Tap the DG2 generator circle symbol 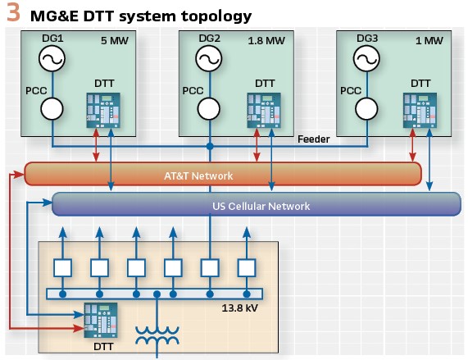click(209, 58)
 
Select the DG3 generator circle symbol click(366, 58)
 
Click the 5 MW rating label click(115, 40)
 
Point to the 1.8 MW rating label click(266, 40)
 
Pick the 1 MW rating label click(429, 40)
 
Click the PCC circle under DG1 click(52, 109)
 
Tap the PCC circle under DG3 click(366, 109)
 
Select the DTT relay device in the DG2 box click(264, 110)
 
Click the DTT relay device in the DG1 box click(103, 110)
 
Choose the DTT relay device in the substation click(101, 320)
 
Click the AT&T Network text click(198, 175)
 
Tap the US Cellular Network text click(261, 206)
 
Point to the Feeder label click(313, 139)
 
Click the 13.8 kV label click(239, 308)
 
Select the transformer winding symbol click(157, 335)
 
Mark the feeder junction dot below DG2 click(210, 146)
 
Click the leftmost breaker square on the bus click(62, 268)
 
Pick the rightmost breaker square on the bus click(247, 268)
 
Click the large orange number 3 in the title click(13, 12)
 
